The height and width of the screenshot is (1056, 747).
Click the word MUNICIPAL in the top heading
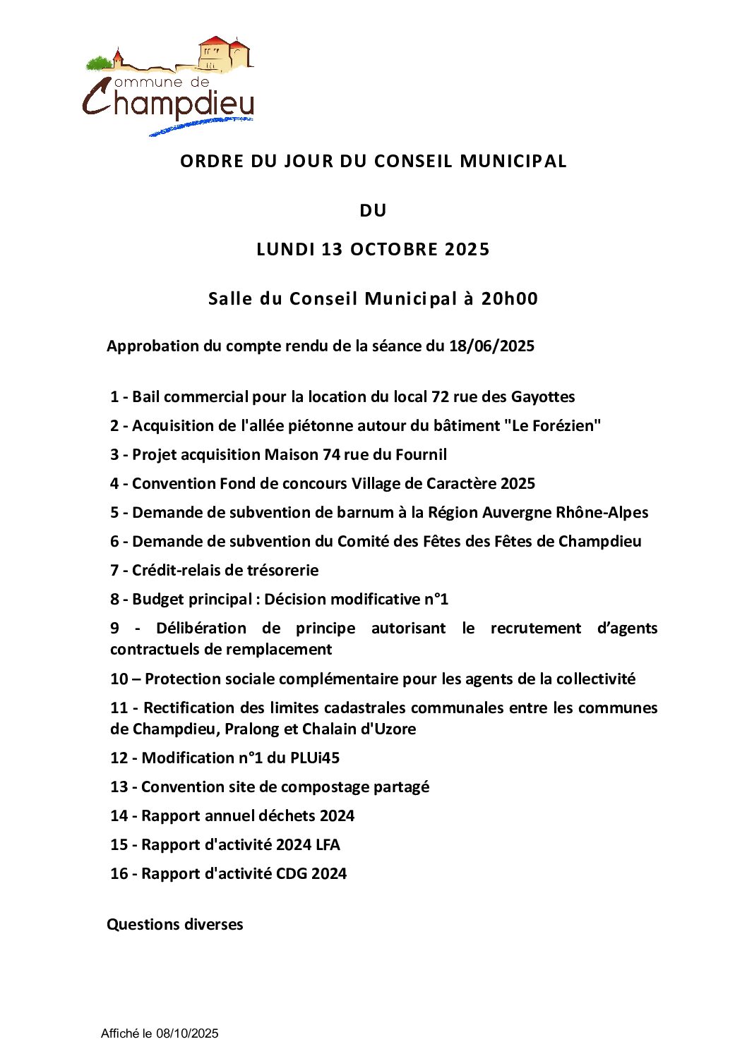(513, 161)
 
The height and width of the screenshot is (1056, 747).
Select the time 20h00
(509, 298)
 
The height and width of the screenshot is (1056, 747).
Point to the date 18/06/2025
(491, 346)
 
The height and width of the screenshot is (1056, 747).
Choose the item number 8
(114, 599)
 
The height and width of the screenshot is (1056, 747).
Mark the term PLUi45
(314, 758)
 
